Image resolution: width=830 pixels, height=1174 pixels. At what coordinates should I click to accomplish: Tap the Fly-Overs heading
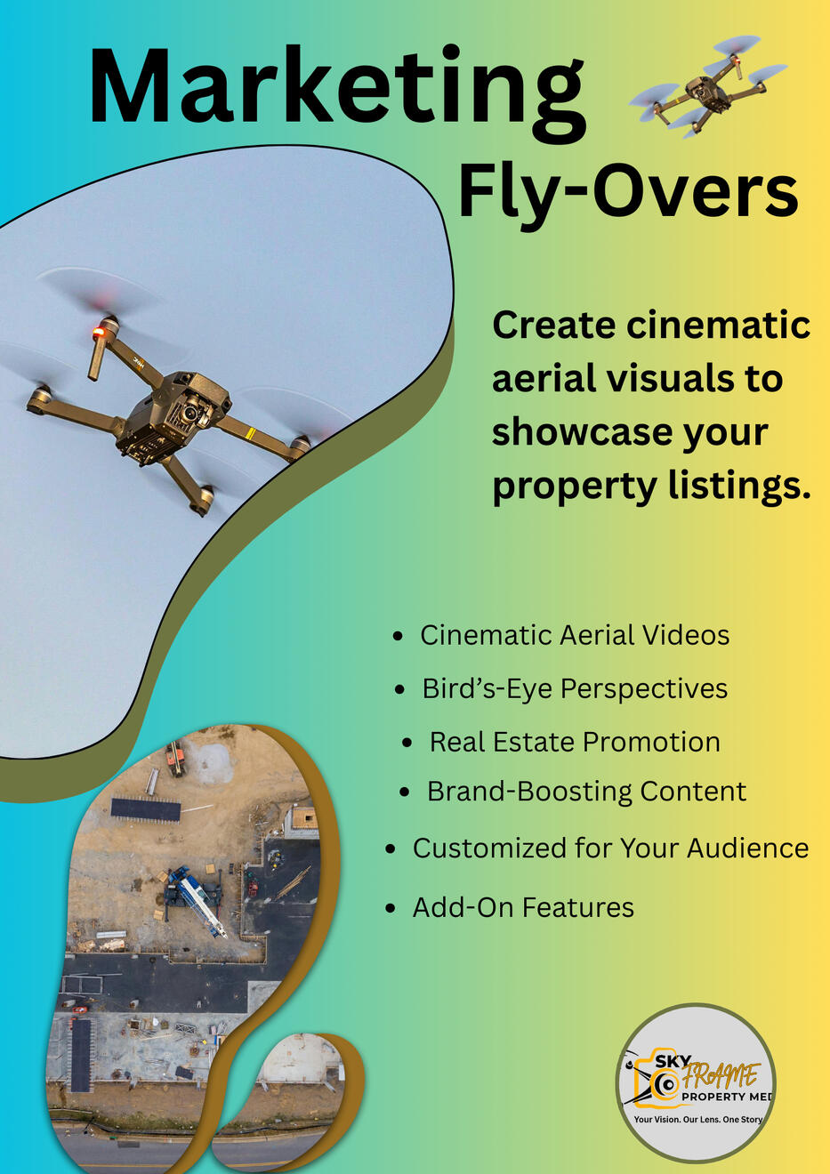(x=627, y=193)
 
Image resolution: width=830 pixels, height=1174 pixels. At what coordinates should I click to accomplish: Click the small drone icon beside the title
(x=706, y=86)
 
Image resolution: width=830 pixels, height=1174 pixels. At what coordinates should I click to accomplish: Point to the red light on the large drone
(x=99, y=334)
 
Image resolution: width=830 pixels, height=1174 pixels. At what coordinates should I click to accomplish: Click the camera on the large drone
(x=189, y=411)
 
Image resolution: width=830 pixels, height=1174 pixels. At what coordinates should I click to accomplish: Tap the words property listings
(x=651, y=486)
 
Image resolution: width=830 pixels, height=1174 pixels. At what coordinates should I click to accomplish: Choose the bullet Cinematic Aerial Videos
(x=575, y=635)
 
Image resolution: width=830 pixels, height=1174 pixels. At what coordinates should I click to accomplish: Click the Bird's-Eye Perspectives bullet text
(x=575, y=688)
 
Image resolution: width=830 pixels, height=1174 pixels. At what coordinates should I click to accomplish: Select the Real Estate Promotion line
(x=575, y=742)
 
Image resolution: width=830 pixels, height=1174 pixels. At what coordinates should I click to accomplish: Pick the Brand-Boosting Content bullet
(x=586, y=792)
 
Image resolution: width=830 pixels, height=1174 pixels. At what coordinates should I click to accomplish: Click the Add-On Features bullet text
(x=523, y=907)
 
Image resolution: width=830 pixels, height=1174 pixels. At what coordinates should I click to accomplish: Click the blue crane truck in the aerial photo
(x=197, y=898)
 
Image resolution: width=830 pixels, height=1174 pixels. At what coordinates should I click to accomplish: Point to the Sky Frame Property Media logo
(x=697, y=1082)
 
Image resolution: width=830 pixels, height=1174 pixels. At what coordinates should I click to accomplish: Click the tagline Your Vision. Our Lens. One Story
(x=697, y=1120)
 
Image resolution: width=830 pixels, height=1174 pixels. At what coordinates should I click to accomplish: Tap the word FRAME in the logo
(x=721, y=1077)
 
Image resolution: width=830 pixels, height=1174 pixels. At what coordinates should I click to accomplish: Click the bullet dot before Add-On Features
(x=390, y=908)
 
